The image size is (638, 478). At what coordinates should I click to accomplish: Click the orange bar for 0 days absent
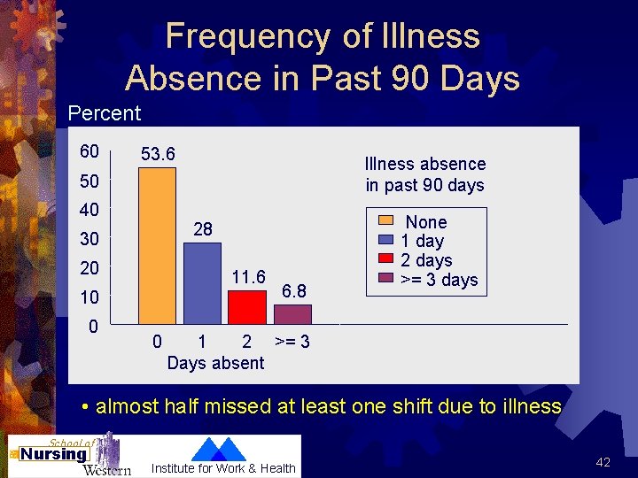coord(157,246)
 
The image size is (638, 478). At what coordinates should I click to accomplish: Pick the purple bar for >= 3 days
coord(292,315)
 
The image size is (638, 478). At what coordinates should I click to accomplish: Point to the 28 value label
coord(203,229)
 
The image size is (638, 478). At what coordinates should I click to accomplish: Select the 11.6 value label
coord(249,276)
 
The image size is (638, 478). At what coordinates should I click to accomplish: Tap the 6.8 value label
coord(294,291)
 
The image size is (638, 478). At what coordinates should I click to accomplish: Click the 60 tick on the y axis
coord(89,151)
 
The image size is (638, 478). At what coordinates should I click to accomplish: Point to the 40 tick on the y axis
coord(89,211)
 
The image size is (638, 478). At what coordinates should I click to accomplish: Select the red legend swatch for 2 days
coord(388,260)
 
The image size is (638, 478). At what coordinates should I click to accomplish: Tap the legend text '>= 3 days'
coord(440,281)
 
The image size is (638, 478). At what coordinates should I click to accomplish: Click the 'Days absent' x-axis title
coord(215,363)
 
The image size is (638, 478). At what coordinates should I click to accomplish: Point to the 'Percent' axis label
coord(105,113)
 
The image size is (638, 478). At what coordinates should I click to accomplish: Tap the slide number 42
coord(603,462)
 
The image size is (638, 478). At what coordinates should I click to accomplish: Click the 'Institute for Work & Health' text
coord(223,468)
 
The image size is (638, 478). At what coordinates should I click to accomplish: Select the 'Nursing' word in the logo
coord(54,454)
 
